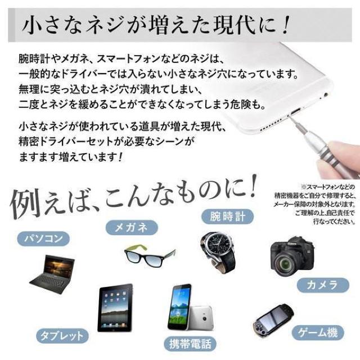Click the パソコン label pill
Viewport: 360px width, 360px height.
[43, 238]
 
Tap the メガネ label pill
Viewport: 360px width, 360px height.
[132, 227]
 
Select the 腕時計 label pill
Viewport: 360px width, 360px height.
[227, 217]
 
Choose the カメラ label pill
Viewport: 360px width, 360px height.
[323, 285]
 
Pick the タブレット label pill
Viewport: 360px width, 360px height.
[62, 336]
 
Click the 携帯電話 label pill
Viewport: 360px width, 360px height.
[190, 344]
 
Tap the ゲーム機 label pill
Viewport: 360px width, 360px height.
[318, 332]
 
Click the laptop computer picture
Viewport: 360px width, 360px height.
[52, 274]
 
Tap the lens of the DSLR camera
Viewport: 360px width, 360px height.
[285, 263]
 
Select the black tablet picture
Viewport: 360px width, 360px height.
[115, 308]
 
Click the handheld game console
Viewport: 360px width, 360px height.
[273, 320]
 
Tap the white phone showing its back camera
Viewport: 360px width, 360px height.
[200, 317]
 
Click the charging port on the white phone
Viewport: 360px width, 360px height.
[295, 112]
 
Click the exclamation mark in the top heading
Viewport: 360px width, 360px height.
[286, 25]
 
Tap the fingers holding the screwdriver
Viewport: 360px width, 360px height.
[339, 159]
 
